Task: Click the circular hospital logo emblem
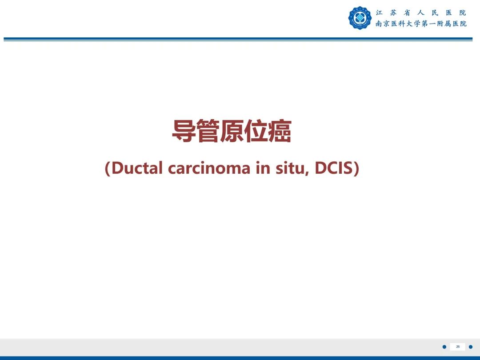click(360, 18)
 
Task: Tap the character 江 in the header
click(379, 13)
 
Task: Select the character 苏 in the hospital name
click(393, 13)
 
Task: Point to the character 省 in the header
click(407, 13)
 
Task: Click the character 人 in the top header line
click(421, 13)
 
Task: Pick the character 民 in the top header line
click(435, 13)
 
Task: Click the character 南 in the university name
click(379, 24)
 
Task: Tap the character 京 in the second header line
click(387, 24)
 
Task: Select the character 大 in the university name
click(409, 24)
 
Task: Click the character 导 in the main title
click(184, 131)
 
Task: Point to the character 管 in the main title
click(208, 131)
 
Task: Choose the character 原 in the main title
click(232, 131)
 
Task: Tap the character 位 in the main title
click(256, 131)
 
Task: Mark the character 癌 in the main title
click(280, 131)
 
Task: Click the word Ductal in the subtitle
click(137, 168)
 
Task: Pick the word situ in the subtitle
click(292, 168)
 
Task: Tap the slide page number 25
click(458, 347)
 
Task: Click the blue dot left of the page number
click(444, 347)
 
